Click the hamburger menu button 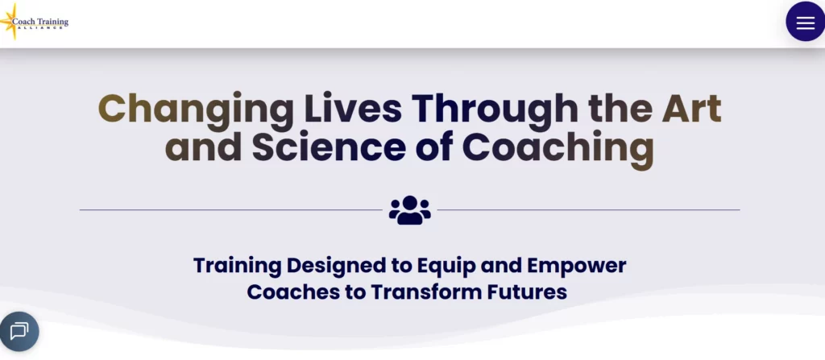pos(805,23)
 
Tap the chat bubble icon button pos(19,330)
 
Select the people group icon pos(410,210)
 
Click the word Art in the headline pos(687,109)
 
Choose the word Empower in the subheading pos(576,265)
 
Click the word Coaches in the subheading pos(293,291)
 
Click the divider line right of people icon pos(588,210)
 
